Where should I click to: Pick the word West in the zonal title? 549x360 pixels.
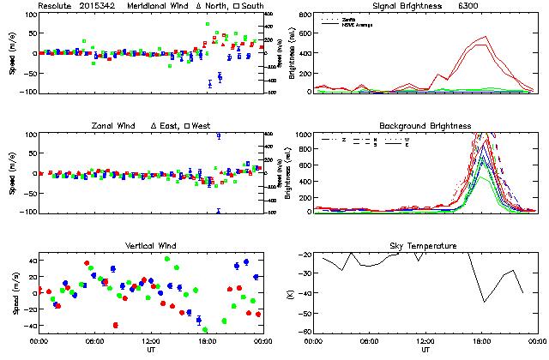(201, 126)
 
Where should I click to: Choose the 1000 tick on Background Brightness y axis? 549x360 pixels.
(302, 135)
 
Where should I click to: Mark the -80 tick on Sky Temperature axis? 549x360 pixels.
(305, 332)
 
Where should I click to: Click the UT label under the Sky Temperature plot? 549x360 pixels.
(425, 350)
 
